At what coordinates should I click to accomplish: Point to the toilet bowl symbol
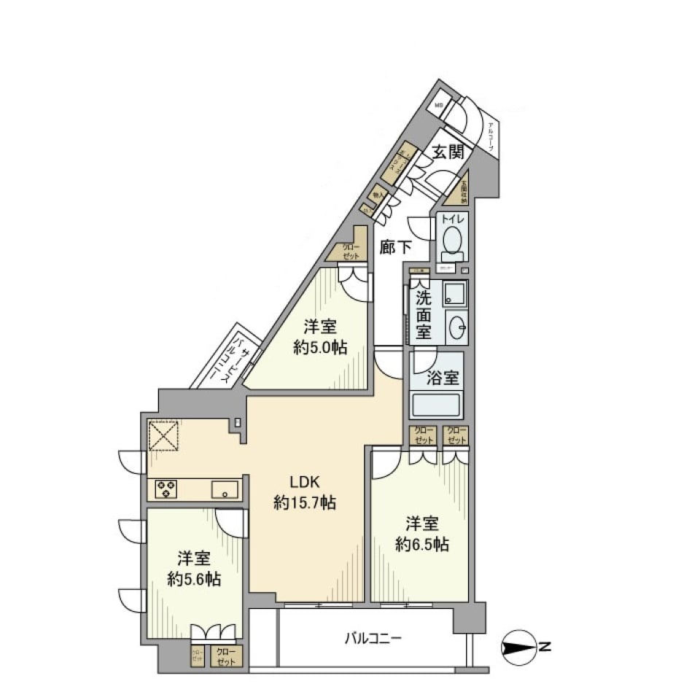click(451, 239)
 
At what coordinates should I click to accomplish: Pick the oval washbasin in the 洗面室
click(456, 328)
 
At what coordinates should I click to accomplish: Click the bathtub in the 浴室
click(437, 405)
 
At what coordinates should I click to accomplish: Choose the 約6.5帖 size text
click(422, 544)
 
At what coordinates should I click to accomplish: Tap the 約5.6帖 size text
click(194, 580)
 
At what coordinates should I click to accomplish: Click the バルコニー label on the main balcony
click(373, 639)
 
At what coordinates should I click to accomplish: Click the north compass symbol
click(519, 646)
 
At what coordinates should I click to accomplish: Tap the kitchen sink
click(225, 489)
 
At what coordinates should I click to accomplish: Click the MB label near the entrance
click(439, 106)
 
